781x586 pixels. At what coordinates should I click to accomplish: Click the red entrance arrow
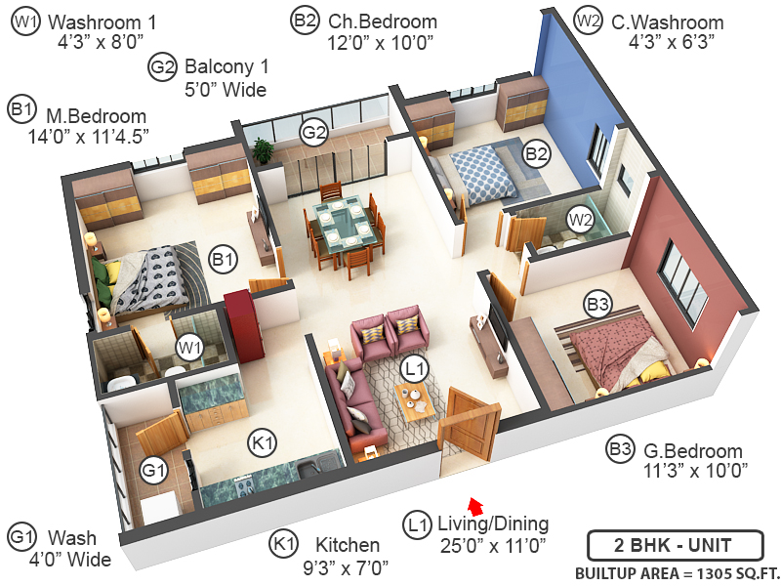click(475, 505)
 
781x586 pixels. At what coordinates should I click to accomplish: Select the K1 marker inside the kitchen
click(263, 442)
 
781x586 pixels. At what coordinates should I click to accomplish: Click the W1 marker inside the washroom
click(188, 347)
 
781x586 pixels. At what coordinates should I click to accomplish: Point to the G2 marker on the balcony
click(312, 133)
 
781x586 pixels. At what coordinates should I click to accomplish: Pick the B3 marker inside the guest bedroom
click(597, 306)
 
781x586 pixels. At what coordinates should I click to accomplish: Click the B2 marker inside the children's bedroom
click(536, 152)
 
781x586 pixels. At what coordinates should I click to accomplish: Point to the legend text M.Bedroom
click(95, 116)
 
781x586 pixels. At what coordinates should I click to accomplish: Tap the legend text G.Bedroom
click(694, 452)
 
